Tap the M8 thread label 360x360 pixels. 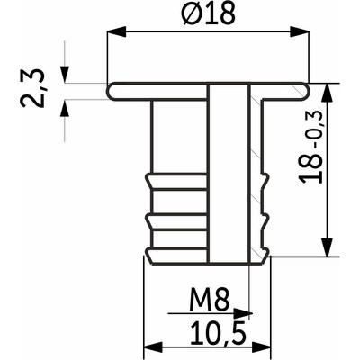point(208,297)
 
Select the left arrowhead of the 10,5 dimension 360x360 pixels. point(150,346)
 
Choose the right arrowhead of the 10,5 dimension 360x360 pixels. point(265,346)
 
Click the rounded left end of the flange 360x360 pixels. point(111,91)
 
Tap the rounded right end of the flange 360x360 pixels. point(305,91)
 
